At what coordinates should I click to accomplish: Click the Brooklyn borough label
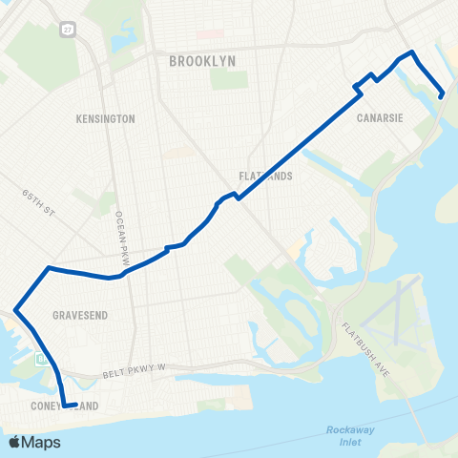coord(201,62)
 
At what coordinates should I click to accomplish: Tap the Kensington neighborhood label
coord(105,119)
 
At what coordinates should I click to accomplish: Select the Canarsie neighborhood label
coord(378,119)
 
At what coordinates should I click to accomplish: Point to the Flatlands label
coord(266,177)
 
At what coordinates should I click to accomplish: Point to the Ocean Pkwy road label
coord(120,229)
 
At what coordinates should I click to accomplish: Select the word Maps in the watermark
coord(42,442)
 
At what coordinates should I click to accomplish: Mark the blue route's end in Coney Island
coord(74,404)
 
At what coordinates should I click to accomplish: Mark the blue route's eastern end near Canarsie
coord(441,95)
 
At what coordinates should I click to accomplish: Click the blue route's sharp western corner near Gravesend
coord(15,308)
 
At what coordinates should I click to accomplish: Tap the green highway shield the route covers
coord(40,360)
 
